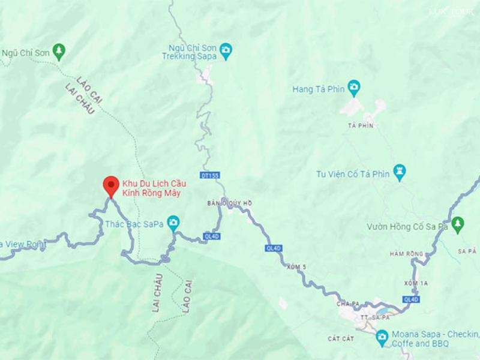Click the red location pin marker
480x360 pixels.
[111, 185]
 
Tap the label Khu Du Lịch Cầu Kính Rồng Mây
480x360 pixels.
[151, 188]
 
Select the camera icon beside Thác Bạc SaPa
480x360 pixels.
[173, 223]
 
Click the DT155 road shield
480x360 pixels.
[211, 175]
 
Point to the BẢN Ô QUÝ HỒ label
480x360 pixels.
[230, 203]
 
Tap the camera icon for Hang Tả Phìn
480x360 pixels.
[353, 89]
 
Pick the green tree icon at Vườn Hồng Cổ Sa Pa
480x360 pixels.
[458, 226]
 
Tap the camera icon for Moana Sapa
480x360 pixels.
[382, 338]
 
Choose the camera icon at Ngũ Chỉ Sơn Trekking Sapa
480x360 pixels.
[226, 50]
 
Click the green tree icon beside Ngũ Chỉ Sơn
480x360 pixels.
[59, 52]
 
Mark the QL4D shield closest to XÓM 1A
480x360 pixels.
[412, 299]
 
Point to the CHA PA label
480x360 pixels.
[347, 303]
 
